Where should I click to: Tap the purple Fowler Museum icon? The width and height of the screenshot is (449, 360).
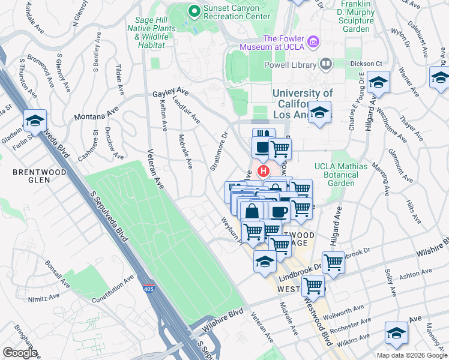point(313,41)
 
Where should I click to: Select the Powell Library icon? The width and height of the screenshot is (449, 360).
point(325,63)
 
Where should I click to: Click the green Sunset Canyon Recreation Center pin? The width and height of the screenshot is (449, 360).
point(194,10)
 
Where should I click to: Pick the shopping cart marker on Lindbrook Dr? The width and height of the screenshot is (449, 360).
point(333,261)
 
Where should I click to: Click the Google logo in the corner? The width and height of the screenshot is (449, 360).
point(19,352)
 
